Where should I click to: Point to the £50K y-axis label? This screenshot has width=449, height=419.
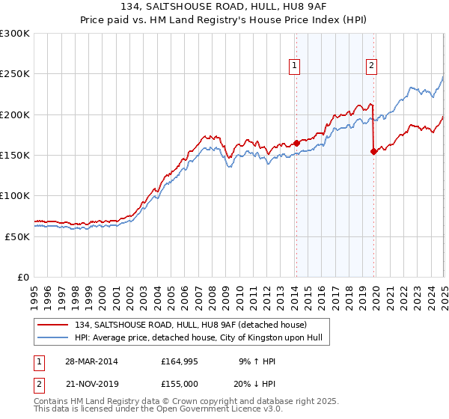18,236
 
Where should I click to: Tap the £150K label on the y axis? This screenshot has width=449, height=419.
15,155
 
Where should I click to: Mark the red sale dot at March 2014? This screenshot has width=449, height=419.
296,142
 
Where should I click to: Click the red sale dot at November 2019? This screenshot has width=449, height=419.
373,151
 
